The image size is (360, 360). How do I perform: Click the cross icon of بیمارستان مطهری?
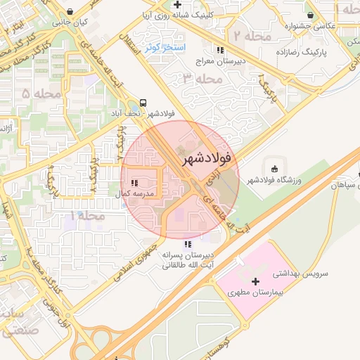coord(255,281)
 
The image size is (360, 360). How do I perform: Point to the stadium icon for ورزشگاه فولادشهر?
coord(274,168)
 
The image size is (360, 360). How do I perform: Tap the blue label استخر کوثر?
coord(165,48)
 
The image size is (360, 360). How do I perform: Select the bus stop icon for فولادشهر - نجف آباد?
coord(143,102)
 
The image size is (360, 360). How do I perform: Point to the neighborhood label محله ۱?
coord(88,215)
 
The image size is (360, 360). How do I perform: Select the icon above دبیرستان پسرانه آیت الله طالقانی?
coord(186,243)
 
